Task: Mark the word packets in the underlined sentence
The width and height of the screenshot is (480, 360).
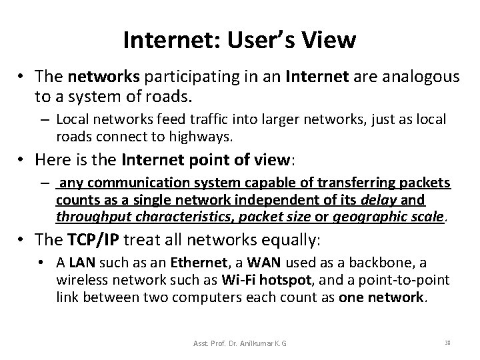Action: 423,183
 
